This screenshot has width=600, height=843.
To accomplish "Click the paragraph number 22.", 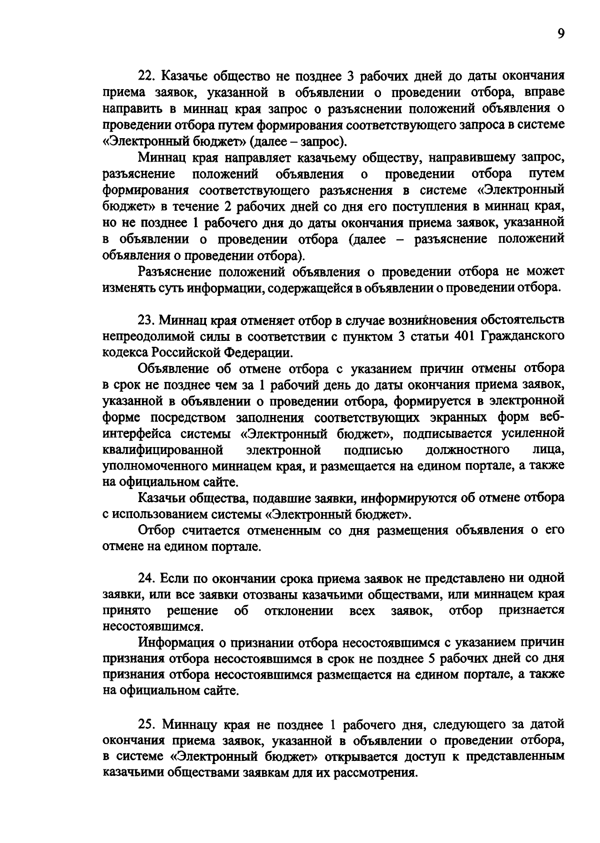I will [148, 77].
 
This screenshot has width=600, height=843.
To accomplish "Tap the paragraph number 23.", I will [148, 320].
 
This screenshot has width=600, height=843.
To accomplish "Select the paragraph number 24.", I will [148, 578].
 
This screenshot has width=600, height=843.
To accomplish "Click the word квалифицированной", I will [162, 449].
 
